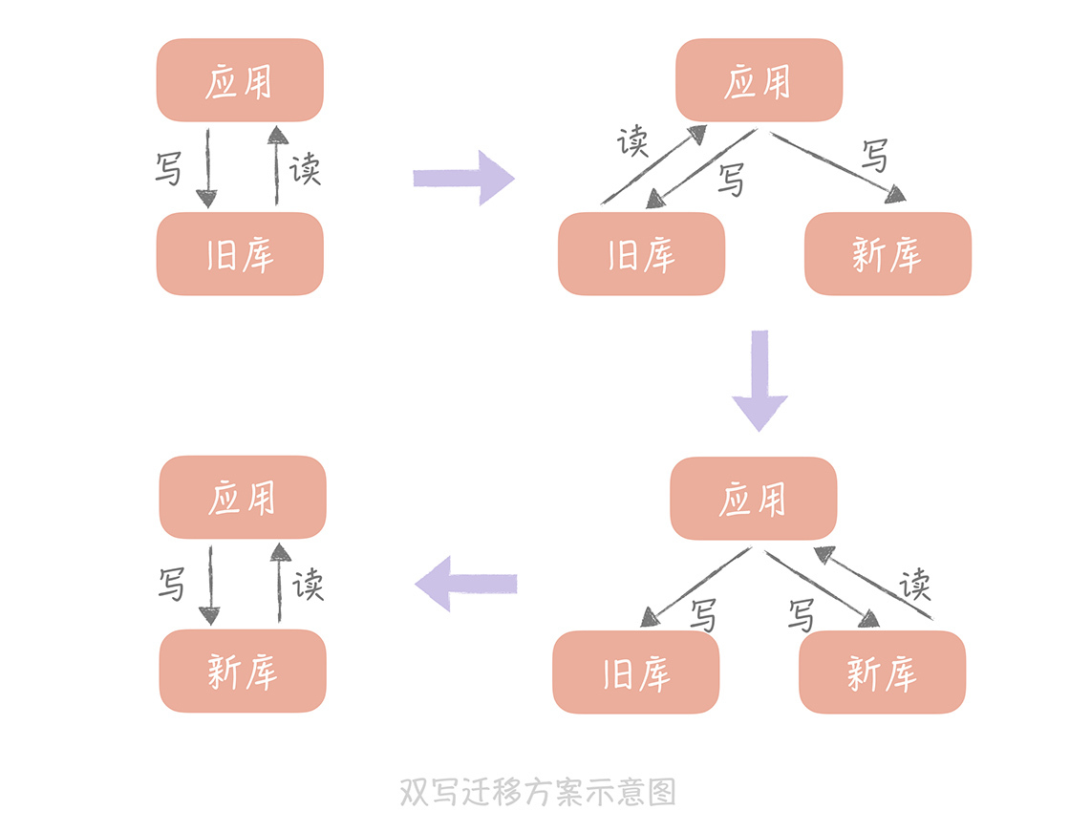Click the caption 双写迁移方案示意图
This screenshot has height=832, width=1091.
point(537,792)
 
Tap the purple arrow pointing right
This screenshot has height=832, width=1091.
point(464,178)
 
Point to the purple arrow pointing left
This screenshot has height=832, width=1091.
point(466,583)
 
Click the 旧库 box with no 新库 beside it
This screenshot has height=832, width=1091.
point(240,254)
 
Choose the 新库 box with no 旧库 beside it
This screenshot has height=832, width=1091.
point(243,671)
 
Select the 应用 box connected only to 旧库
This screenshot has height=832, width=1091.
point(240,80)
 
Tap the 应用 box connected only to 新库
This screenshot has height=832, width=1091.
point(243,497)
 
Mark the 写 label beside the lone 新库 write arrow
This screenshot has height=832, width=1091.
point(171,584)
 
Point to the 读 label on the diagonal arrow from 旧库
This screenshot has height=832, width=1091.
point(632,142)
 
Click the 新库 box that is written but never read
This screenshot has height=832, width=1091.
point(888,254)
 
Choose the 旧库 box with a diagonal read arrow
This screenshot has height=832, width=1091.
point(641,254)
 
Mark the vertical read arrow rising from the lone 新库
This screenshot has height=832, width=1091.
point(280,583)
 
